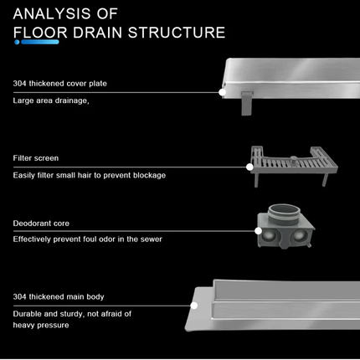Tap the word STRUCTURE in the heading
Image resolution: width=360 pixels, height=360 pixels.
point(177,33)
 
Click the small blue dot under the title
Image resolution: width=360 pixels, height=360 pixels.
point(17,42)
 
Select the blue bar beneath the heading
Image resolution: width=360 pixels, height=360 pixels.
point(40,42)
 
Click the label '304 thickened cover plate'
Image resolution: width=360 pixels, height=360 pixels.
point(59,84)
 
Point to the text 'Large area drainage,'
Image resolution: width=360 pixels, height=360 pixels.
point(51,100)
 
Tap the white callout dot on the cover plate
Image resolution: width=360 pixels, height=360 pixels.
point(222,92)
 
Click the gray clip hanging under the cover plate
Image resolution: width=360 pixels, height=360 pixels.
point(247,103)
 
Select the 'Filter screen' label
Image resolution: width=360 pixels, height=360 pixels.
point(36,158)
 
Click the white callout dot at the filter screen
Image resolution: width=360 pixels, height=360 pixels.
point(249,167)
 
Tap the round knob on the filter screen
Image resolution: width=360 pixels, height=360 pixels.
point(293,160)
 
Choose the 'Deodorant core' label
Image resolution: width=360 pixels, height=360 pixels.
point(41,224)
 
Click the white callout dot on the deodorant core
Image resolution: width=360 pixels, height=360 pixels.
point(258,231)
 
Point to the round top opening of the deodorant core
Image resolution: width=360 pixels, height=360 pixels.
point(285,211)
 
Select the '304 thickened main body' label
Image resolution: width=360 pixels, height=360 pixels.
point(59,296)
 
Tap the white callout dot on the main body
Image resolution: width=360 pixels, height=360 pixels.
point(194,306)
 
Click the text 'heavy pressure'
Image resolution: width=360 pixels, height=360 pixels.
point(41,325)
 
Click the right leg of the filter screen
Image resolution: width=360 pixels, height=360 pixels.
point(325,180)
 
